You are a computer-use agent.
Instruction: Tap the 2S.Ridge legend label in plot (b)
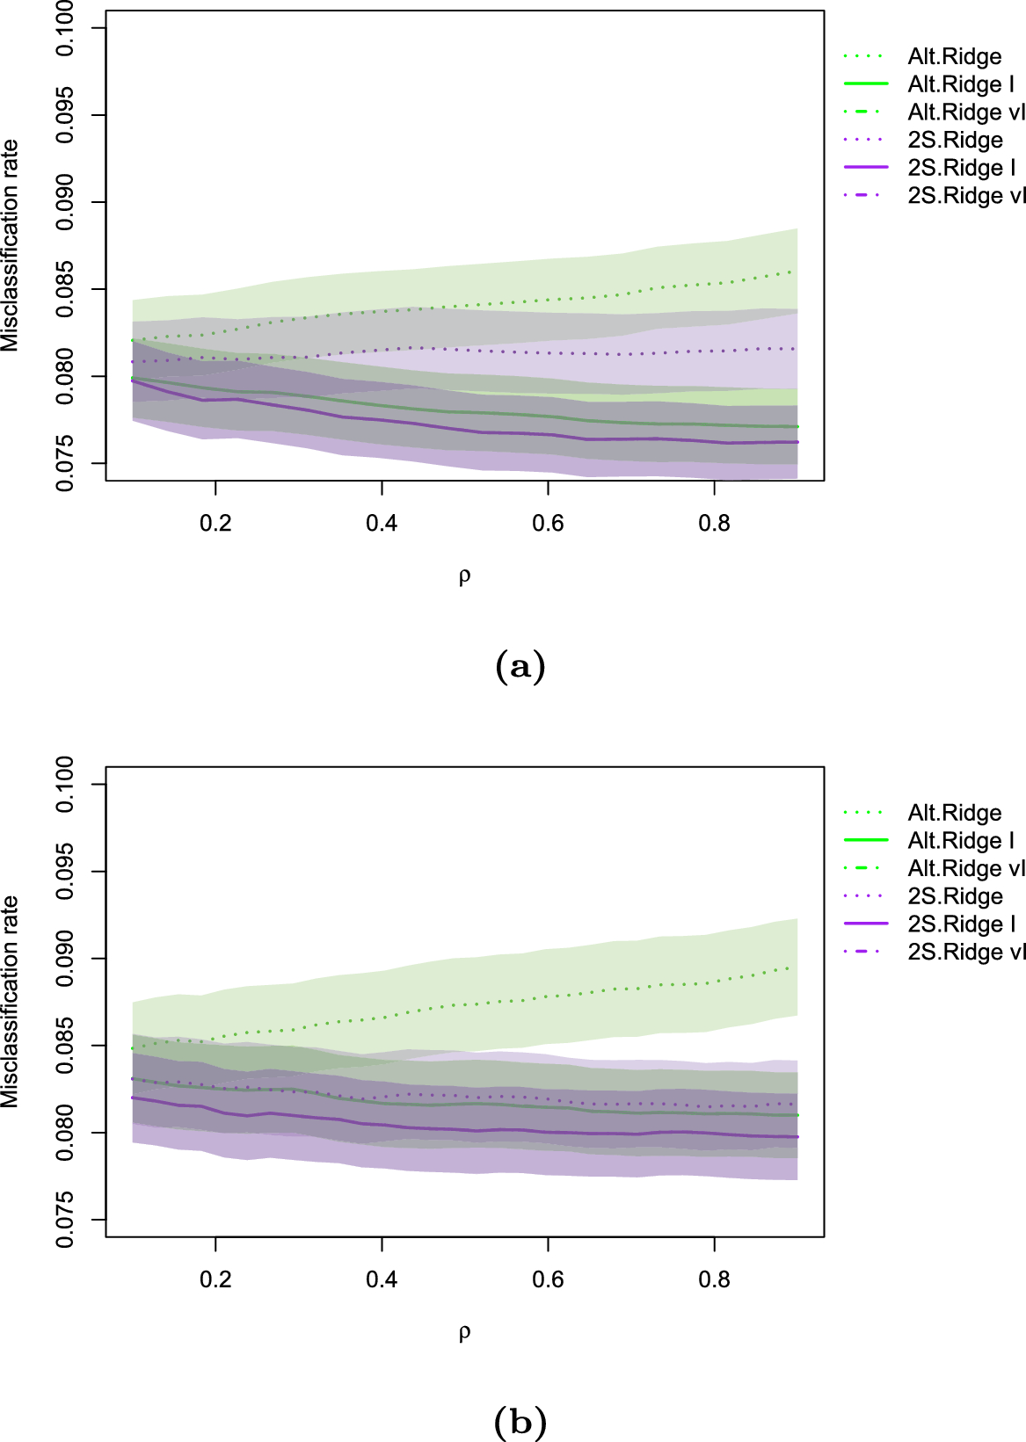955,896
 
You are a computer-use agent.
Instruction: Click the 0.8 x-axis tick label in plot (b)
714,1279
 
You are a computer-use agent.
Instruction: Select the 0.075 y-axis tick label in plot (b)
66,1220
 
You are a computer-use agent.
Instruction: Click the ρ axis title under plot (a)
464,576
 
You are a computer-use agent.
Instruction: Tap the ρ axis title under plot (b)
464,1333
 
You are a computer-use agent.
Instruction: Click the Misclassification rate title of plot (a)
11,246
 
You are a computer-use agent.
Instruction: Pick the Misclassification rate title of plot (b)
11,1002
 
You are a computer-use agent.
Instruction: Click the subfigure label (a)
520,667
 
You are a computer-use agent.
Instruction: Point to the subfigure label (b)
520,1422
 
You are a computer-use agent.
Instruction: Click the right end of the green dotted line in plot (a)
796,272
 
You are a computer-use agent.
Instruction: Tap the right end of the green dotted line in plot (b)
796,967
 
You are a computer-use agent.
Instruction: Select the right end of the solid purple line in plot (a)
797,442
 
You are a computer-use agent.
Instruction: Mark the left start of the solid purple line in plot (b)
133,1098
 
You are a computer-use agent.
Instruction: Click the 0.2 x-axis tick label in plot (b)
215,1279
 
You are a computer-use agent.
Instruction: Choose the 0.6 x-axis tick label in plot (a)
548,524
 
